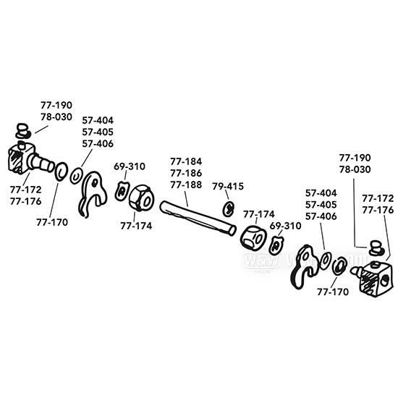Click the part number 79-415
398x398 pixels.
(228, 186)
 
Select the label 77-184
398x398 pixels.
(186, 161)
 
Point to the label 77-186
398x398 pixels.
(186, 173)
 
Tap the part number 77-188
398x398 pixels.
(186, 185)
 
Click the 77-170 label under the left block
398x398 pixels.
(51, 222)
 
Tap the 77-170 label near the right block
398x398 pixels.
(332, 292)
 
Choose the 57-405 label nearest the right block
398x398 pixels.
(321, 205)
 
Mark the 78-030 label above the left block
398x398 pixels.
(56, 117)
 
